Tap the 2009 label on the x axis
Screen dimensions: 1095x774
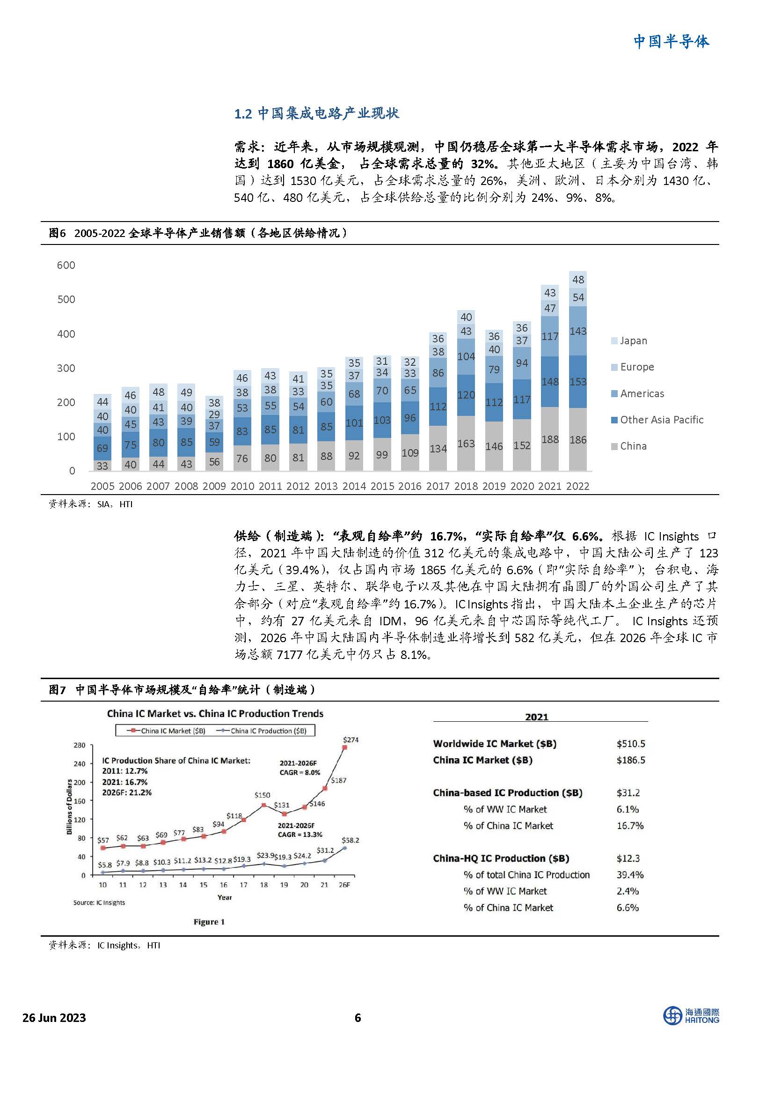point(214,486)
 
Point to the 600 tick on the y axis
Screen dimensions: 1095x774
point(66,265)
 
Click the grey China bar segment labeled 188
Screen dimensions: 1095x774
point(550,439)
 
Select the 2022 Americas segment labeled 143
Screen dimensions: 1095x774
point(577,331)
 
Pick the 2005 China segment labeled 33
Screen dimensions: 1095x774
point(102,466)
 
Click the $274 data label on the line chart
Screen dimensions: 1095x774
point(350,740)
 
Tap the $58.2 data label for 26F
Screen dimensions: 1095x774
point(350,840)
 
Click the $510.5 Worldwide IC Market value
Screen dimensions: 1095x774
point(630,744)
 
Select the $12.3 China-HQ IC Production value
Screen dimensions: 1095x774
point(628,858)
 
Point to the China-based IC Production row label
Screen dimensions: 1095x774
point(508,792)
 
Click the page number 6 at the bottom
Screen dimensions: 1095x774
point(358,1018)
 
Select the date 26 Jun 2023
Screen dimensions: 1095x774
point(54,1018)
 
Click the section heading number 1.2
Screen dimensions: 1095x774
point(242,113)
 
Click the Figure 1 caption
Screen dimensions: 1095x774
point(209,922)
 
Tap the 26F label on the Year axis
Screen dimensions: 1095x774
point(344,885)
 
